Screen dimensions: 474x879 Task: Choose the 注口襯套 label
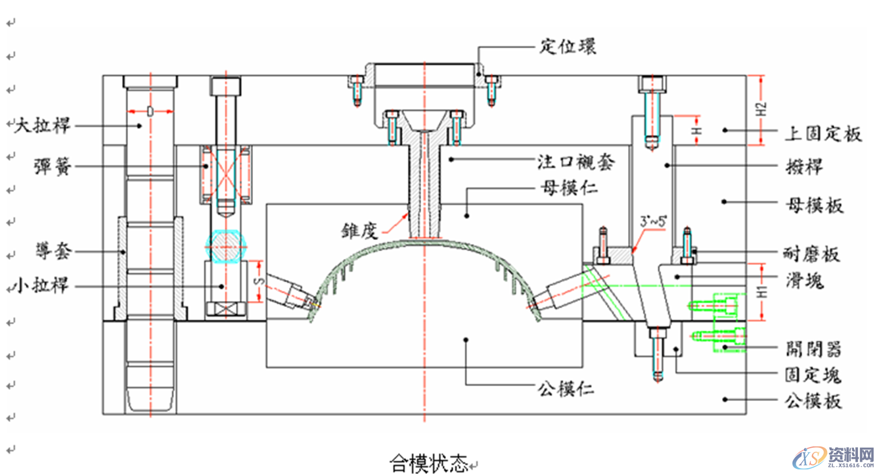(x=577, y=161)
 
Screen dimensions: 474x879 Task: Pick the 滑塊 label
(x=803, y=281)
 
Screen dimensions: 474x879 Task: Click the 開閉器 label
(x=814, y=348)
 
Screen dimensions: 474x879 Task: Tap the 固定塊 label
(x=813, y=375)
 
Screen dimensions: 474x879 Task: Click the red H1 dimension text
(x=761, y=293)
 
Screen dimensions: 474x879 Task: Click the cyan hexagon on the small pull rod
(x=226, y=246)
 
